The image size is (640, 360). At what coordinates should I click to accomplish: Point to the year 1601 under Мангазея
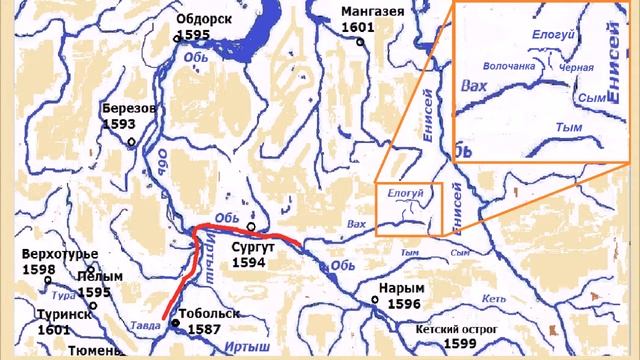click(357, 27)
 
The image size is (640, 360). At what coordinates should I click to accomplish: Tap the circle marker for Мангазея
click(361, 42)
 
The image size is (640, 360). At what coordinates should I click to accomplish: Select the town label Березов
click(129, 107)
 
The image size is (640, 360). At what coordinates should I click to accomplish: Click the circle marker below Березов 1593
click(131, 142)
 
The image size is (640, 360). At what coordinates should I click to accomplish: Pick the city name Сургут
click(252, 246)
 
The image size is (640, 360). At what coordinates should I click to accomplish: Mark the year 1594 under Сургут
click(249, 262)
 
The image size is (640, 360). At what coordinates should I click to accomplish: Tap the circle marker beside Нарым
click(374, 298)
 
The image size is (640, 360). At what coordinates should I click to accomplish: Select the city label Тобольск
click(210, 314)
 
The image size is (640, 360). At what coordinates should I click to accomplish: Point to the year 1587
click(204, 328)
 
